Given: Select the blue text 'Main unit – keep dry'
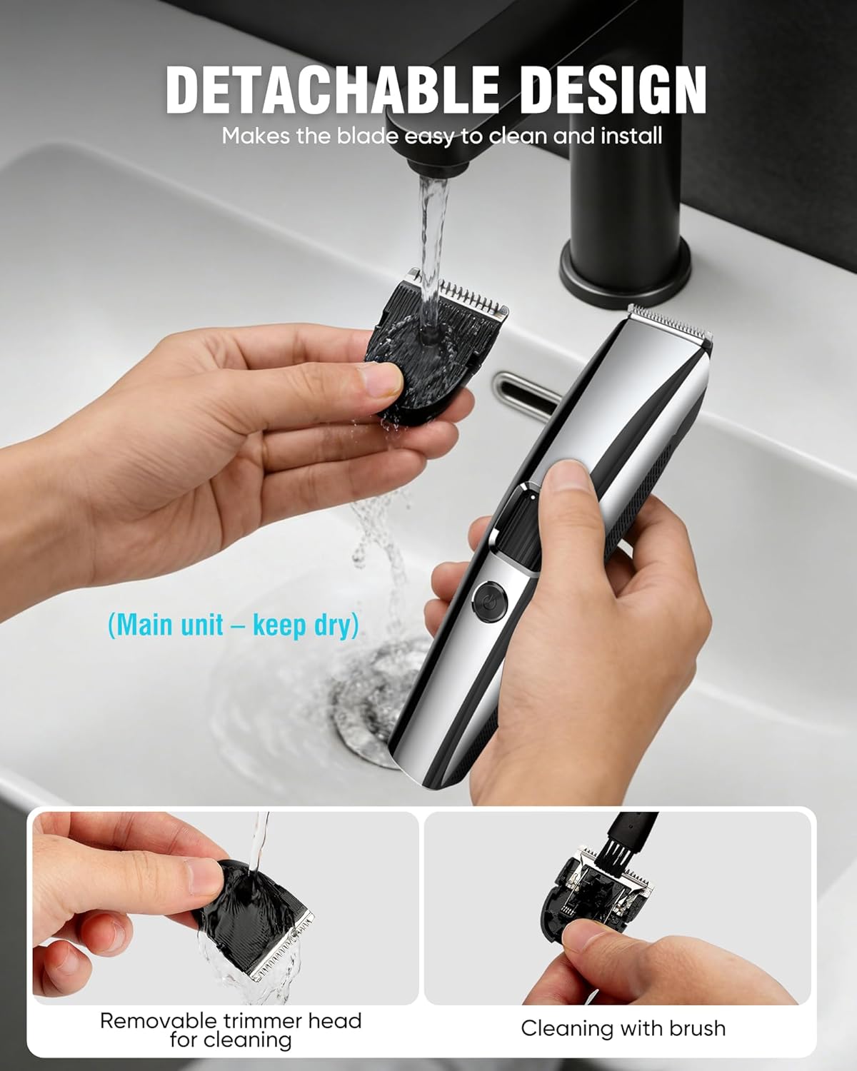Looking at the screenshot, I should coord(233,625).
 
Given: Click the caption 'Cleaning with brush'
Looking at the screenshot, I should coord(623,1028).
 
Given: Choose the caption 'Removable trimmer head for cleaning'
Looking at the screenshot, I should coord(231,1030).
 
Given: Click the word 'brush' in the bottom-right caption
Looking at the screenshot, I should coord(696,1028).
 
